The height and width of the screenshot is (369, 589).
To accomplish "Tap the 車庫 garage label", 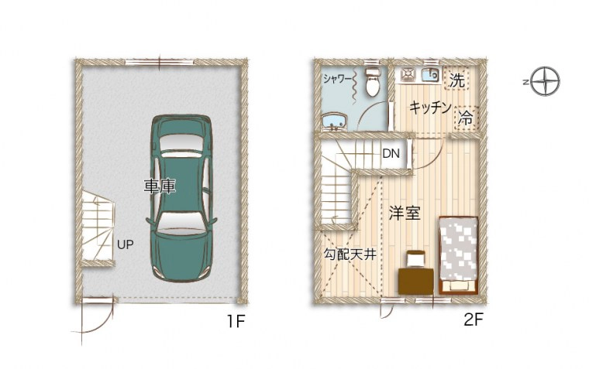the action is tap(160, 186).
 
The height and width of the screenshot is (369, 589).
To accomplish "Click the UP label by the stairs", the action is tap(125, 244).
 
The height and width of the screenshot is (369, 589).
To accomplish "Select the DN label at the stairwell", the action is tap(391, 153).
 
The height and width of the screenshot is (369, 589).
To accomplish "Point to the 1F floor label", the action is tap(236, 321).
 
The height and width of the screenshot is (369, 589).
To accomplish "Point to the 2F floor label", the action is tap(474, 319).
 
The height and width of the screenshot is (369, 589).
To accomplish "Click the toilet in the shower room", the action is tap(373, 81).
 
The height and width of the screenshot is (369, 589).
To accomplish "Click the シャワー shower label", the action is tap(337, 79).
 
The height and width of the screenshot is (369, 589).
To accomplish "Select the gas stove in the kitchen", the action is tap(408, 74).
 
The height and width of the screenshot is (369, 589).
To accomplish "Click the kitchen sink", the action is tap(430, 75).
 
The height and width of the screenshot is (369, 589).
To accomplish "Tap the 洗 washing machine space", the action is tap(456, 79).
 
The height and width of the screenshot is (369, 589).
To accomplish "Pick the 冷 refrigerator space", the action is tap(467, 118).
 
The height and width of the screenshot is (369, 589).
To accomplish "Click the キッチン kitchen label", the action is tap(430, 108).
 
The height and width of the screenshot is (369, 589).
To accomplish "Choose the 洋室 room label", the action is tap(405, 213).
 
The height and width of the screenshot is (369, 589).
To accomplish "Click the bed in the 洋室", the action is tap(458, 255).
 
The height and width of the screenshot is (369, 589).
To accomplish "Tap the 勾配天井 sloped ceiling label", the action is tap(350, 255).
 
